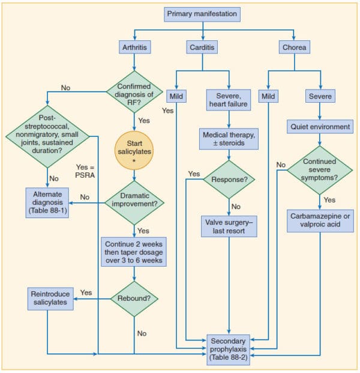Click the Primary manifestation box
(x=202, y=14)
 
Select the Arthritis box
(x=134, y=47)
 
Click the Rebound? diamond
(x=134, y=298)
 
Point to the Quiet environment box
(x=319, y=127)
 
